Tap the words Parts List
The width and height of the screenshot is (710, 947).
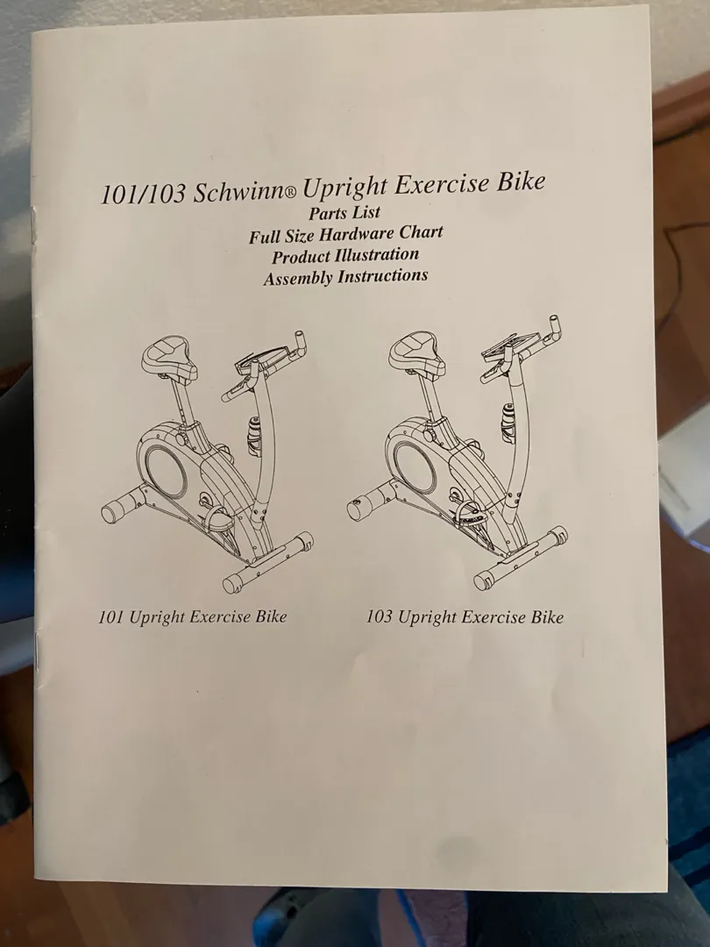click(344, 212)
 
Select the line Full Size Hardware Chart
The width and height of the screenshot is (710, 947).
click(346, 234)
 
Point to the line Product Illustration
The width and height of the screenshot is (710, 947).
click(345, 255)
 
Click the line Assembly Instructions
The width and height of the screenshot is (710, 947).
click(345, 277)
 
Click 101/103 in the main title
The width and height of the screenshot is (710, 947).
click(143, 195)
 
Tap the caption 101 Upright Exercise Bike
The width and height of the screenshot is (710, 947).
click(193, 616)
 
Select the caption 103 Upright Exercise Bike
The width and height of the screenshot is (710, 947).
click(465, 616)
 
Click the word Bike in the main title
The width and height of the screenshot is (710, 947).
click(520, 181)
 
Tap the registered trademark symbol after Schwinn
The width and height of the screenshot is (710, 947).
click(289, 194)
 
